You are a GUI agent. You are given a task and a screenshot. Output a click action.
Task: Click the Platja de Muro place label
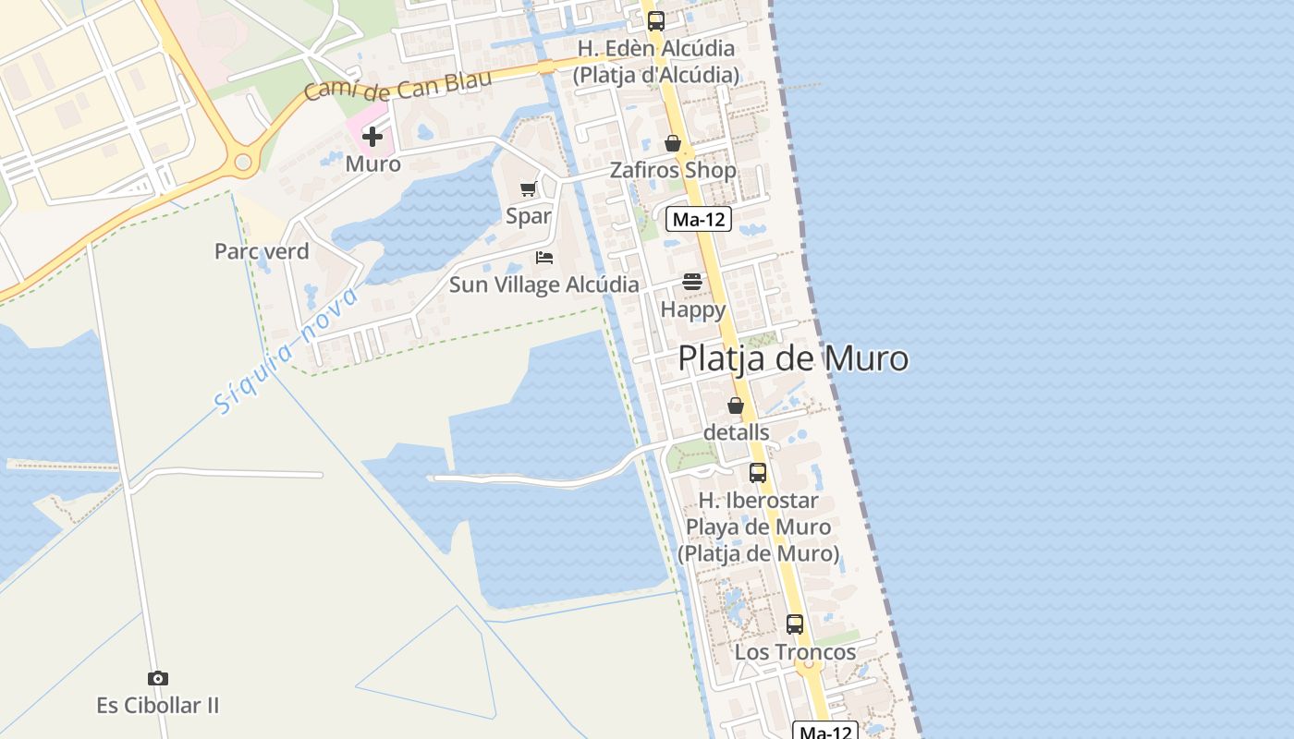(793, 358)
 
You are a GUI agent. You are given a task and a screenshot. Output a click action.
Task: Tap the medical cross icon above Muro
(372, 138)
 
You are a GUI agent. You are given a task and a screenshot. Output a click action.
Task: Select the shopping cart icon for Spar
(528, 189)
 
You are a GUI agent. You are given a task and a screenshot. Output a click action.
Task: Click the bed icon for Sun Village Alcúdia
(544, 258)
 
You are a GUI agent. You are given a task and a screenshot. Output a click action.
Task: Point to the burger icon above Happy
(692, 282)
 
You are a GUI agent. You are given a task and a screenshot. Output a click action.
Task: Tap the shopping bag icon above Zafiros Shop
(673, 144)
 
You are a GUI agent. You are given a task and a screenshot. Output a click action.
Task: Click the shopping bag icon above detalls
(736, 406)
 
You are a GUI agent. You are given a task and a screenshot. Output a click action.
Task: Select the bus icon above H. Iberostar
(758, 473)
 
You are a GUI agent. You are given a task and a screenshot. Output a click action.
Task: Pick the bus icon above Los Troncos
(795, 624)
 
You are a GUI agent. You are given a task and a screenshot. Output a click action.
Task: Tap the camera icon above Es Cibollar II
(158, 679)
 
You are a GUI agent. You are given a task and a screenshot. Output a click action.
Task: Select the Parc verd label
(262, 251)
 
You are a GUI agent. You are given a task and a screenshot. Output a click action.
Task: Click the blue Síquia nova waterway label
(286, 351)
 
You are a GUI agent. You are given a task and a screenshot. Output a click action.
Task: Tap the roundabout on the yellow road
(243, 164)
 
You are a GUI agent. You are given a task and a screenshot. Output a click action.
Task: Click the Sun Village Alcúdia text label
(543, 285)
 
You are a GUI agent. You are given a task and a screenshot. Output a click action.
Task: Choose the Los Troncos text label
(795, 652)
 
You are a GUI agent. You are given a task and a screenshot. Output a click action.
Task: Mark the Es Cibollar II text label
(158, 706)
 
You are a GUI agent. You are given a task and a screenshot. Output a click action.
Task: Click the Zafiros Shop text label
(673, 171)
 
